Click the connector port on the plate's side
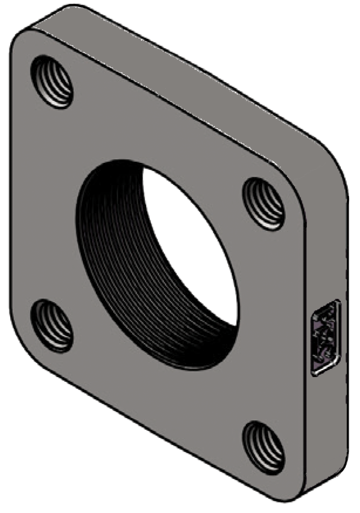point(326,338)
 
